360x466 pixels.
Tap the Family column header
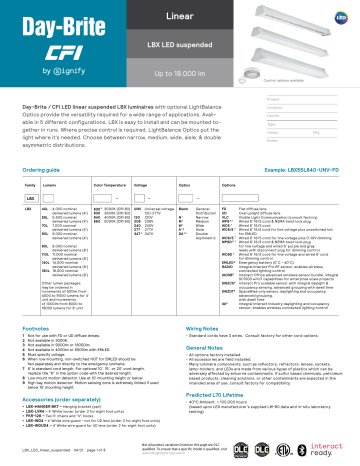19,158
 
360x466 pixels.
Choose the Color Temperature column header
110,158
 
